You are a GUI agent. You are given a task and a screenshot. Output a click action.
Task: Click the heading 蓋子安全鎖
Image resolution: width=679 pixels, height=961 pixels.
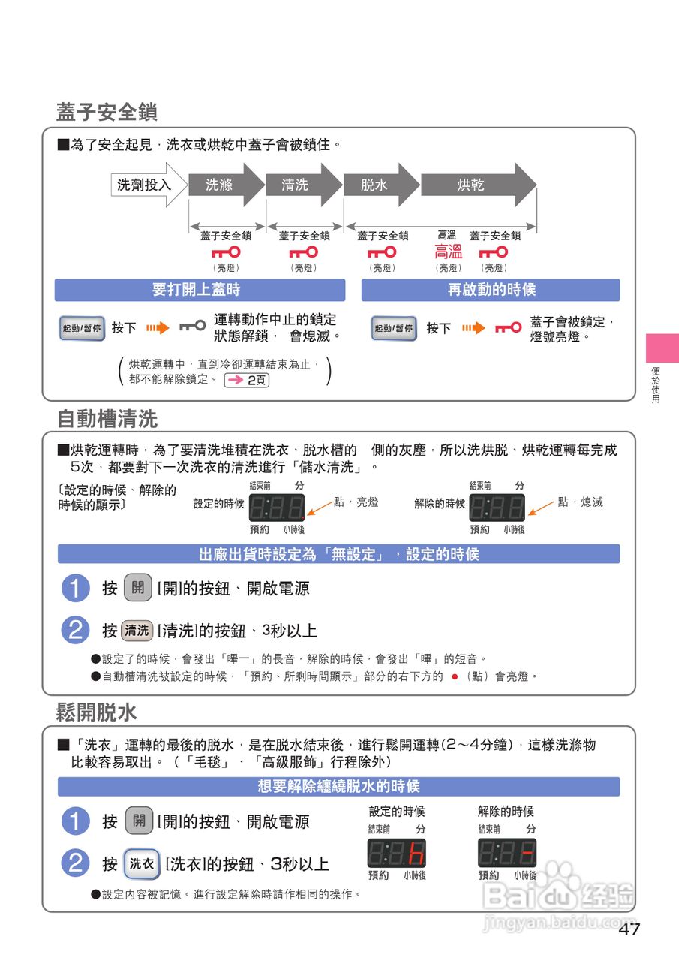[106, 113]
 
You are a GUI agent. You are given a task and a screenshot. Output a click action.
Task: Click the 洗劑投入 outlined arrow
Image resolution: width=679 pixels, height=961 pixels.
[146, 185]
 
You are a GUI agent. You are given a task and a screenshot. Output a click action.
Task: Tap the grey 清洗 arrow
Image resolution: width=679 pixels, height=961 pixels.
[300, 185]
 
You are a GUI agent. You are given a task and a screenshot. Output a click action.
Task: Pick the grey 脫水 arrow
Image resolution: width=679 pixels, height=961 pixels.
[378, 185]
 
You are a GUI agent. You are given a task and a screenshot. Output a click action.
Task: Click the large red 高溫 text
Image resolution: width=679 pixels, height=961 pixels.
[449, 252]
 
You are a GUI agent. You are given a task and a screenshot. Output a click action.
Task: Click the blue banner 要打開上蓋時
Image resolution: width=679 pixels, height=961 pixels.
[200, 290]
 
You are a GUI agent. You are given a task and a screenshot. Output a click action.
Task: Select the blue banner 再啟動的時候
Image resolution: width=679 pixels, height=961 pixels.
[491, 290]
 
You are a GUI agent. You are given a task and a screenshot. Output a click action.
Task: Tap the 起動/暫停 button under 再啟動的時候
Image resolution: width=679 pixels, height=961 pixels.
[394, 328]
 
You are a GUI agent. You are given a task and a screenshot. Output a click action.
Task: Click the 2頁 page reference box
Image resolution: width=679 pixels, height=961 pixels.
[247, 380]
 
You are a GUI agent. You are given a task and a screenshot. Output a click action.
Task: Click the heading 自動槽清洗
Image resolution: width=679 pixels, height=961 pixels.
[107, 418]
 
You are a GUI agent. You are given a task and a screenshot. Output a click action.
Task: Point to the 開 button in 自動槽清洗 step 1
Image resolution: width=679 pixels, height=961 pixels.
[138, 588]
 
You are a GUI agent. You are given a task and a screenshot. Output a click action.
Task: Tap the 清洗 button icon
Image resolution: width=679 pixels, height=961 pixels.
[137, 631]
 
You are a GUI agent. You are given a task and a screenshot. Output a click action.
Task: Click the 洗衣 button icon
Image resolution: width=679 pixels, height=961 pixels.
[142, 864]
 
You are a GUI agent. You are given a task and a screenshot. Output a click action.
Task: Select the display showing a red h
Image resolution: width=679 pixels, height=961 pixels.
[397, 854]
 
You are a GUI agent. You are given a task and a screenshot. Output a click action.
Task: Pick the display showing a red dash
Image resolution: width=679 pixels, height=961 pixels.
[506, 854]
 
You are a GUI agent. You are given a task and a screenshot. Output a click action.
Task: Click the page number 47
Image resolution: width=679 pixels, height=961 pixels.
[629, 929]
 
